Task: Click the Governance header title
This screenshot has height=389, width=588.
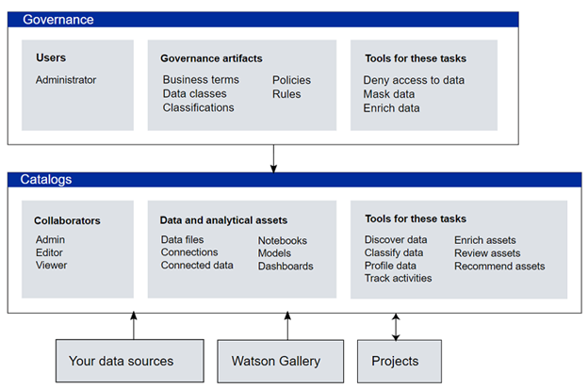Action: (58, 20)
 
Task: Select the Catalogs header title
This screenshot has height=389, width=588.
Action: (46, 180)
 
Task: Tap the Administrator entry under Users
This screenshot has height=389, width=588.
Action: (66, 80)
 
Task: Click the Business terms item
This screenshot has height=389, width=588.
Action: (201, 79)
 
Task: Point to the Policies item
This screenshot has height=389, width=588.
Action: (291, 80)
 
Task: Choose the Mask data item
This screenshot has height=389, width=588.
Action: (389, 93)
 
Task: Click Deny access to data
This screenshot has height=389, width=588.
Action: (414, 80)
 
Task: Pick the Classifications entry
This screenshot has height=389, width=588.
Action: (199, 107)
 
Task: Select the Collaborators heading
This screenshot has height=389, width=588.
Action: (67, 220)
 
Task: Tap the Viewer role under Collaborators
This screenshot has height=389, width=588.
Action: (52, 265)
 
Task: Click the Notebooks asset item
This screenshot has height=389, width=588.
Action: (283, 240)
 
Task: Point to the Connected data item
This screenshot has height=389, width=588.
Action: (197, 265)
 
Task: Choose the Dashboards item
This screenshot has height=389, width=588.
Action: (286, 266)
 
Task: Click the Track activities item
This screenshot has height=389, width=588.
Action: (398, 278)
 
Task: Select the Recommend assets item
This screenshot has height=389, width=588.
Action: (499, 266)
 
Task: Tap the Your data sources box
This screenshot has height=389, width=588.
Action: (130, 361)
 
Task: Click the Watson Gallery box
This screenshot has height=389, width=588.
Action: (281, 362)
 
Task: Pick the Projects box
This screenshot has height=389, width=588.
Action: (400, 362)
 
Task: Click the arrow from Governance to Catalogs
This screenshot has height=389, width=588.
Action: (274, 158)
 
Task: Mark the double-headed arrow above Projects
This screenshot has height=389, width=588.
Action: (396, 327)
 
